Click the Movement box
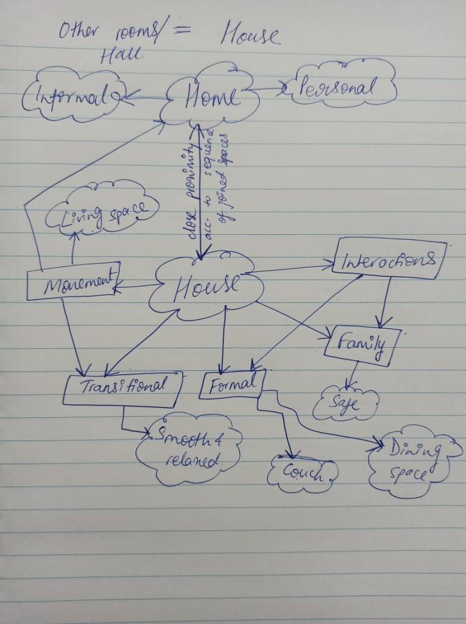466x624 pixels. click(x=73, y=282)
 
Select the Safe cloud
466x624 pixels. click(x=345, y=403)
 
